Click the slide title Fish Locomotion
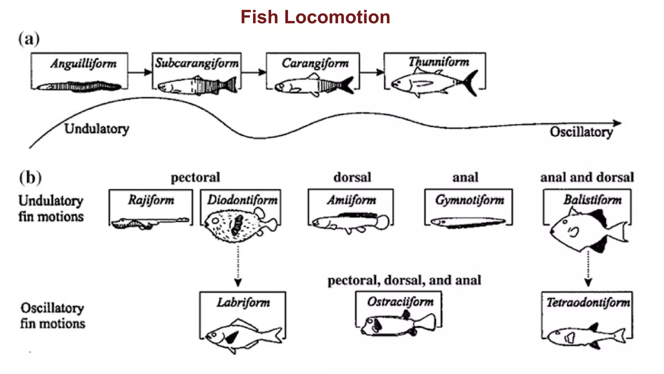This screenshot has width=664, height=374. [315, 17]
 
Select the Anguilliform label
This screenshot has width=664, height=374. [83, 64]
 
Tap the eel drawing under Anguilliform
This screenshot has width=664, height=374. [79, 87]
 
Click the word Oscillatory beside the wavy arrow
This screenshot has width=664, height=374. [581, 132]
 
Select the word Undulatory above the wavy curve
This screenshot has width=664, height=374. [97, 129]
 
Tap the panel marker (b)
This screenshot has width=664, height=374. [30, 178]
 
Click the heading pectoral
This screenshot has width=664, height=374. [195, 177]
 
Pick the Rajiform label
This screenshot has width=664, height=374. [151, 200]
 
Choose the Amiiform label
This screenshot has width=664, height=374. [351, 200]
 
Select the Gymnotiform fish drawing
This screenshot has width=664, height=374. [468, 223]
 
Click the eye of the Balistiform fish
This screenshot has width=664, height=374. [565, 222]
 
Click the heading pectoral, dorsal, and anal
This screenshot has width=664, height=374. [404, 280]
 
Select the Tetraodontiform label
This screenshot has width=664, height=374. [588, 303]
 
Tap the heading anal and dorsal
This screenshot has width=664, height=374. [587, 177]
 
